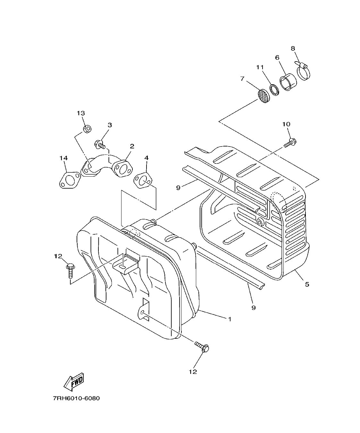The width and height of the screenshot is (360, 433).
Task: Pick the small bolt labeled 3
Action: tap(100, 145)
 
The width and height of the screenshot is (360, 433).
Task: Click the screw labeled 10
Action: tap(290, 143)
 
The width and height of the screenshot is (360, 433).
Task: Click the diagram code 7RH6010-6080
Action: tap(76, 398)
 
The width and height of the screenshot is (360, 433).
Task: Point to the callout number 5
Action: tap(307, 284)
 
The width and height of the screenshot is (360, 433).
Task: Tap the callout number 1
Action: tap(230, 319)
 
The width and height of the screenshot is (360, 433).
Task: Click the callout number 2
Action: tap(132, 146)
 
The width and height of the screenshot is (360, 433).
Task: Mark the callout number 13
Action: tap(81, 113)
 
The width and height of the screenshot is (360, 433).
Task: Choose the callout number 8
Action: tap(293, 48)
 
